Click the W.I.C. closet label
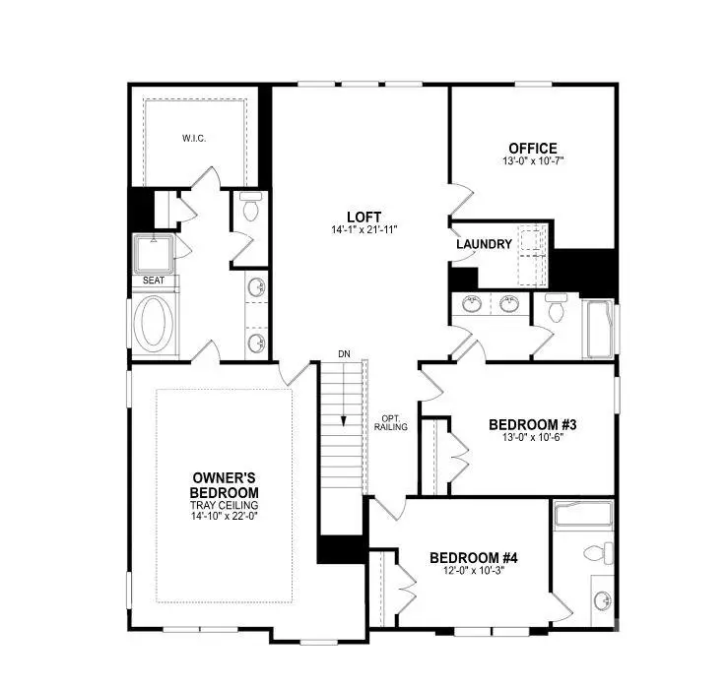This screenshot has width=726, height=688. [x=194, y=138]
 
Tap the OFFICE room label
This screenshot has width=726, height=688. [x=532, y=149]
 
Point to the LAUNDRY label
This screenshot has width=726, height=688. [x=484, y=244]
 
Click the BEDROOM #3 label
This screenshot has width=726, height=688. [x=532, y=425]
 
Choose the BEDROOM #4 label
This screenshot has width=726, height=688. [x=474, y=557]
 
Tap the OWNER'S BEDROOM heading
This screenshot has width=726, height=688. [x=225, y=485]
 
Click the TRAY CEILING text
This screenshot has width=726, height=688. [x=225, y=505]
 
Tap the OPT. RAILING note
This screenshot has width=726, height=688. [x=391, y=422]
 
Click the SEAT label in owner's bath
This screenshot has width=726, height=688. [x=154, y=281]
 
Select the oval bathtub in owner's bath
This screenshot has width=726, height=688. [x=156, y=321]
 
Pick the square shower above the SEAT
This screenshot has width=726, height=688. [x=154, y=253]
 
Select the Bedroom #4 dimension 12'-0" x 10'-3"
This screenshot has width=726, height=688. [x=474, y=571]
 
